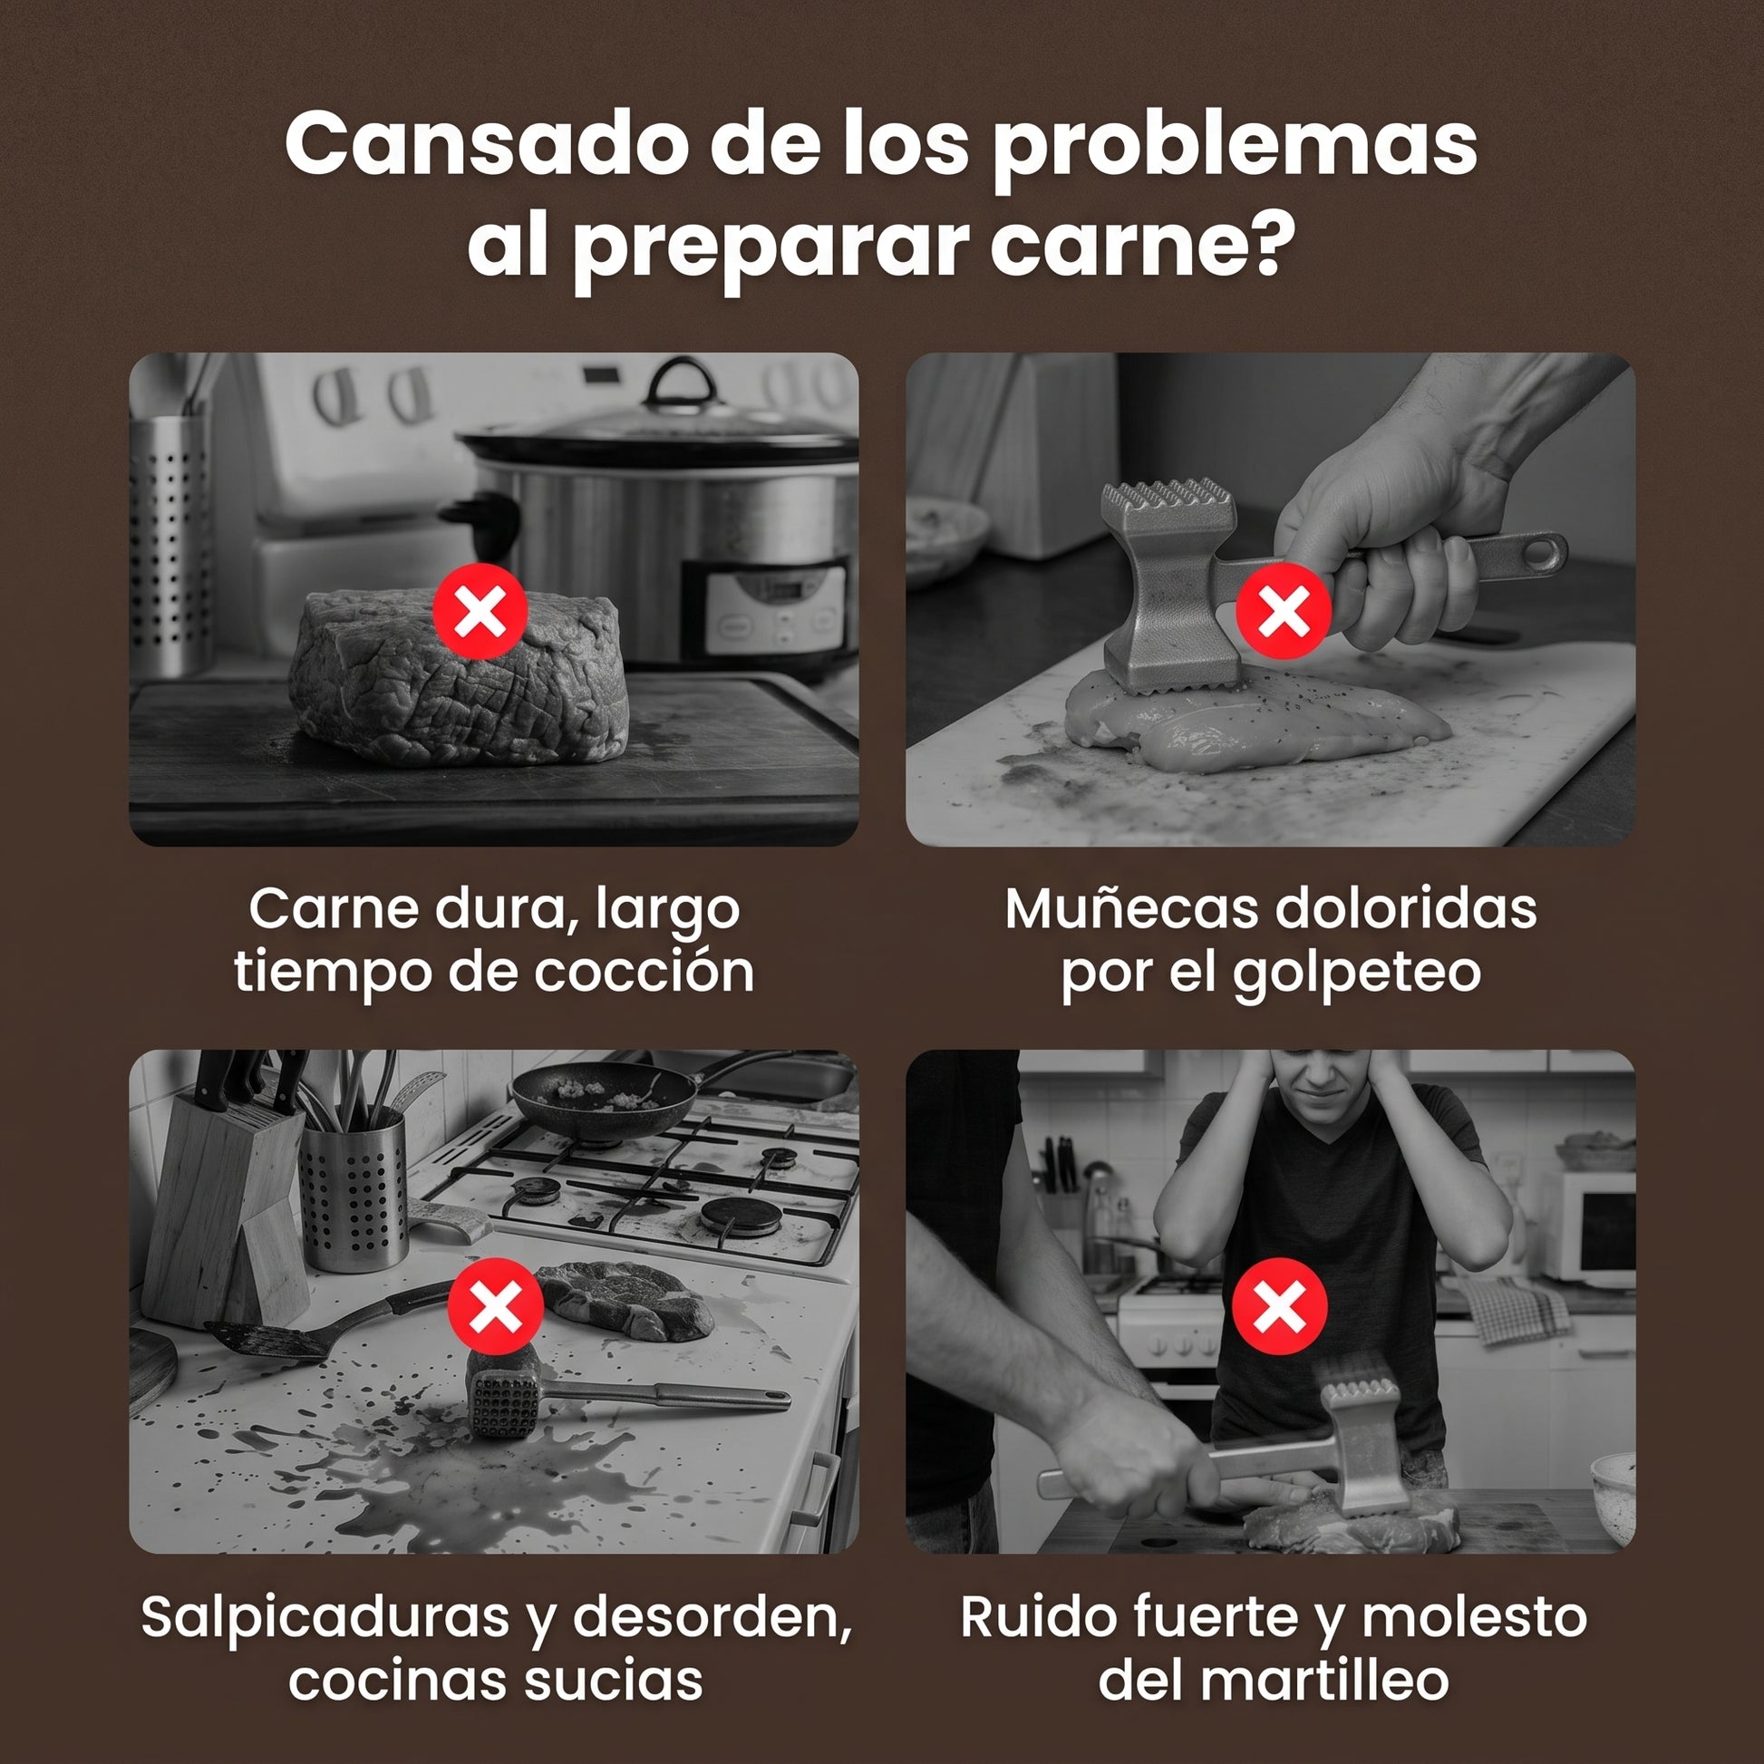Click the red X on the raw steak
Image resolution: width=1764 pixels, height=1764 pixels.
(480, 611)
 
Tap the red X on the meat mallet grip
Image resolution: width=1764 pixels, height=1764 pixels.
(1284, 611)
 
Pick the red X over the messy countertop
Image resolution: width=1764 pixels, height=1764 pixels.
(496, 1305)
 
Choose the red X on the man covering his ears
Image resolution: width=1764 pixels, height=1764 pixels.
(1279, 1305)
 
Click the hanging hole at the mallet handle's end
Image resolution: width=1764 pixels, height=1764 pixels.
(1541, 552)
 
